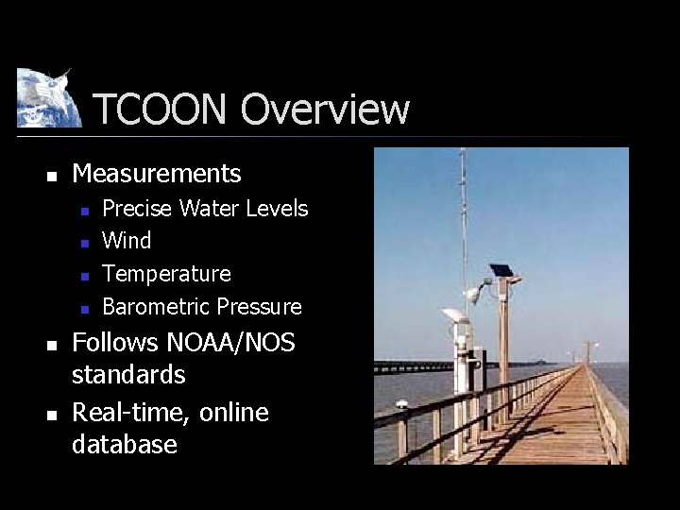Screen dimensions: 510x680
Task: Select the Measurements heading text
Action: (x=157, y=174)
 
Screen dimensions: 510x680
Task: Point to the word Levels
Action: (x=277, y=208)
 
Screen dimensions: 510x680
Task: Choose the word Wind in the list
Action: (x=127, y=241)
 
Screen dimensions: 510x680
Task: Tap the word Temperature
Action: (x=166, y=274)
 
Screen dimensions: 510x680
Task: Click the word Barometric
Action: (x=156, y=307)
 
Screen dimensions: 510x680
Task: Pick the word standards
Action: (x=128, y=375)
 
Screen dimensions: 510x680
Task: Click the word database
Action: (x=125, y=445)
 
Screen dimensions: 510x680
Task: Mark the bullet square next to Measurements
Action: (x=53, y=176)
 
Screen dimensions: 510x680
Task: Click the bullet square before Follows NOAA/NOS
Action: (x=53, y=344)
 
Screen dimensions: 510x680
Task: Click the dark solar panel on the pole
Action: (x=501, y=270)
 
